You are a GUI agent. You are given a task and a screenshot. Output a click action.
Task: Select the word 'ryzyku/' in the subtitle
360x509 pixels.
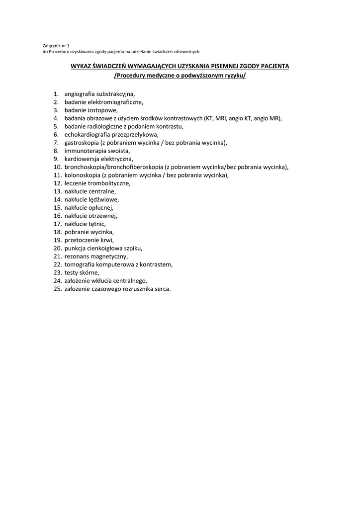235,76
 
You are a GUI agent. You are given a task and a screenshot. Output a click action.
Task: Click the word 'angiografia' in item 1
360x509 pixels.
80,94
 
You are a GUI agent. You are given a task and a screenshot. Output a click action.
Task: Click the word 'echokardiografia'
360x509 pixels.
87,135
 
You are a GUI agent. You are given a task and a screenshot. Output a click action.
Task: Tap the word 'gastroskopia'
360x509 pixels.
82,143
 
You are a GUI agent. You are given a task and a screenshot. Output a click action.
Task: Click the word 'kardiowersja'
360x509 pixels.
82,159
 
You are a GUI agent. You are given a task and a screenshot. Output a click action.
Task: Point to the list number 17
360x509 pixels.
57,224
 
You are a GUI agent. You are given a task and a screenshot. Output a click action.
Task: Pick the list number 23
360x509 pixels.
57,272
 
